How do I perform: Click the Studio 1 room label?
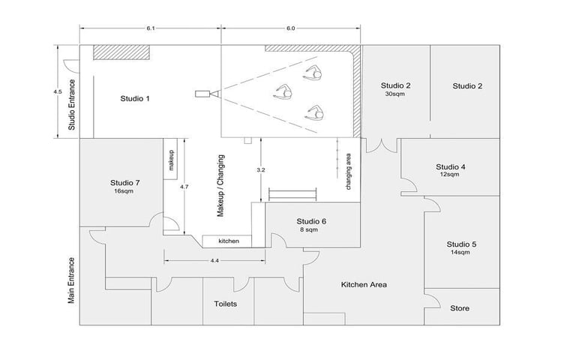136,98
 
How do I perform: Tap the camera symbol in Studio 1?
205,94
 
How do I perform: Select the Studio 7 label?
124,182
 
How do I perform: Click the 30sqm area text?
394,95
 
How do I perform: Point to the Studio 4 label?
451,166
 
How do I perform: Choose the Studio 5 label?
461,244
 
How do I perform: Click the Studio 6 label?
311,221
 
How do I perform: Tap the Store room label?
460,308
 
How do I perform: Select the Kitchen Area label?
364,285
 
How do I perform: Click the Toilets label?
226,304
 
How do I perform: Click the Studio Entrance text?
73,104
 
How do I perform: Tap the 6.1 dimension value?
151,28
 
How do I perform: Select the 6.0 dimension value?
290,28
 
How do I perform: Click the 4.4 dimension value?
214,260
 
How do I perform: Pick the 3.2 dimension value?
260,171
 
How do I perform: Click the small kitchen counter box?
229,241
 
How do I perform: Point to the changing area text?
349,172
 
